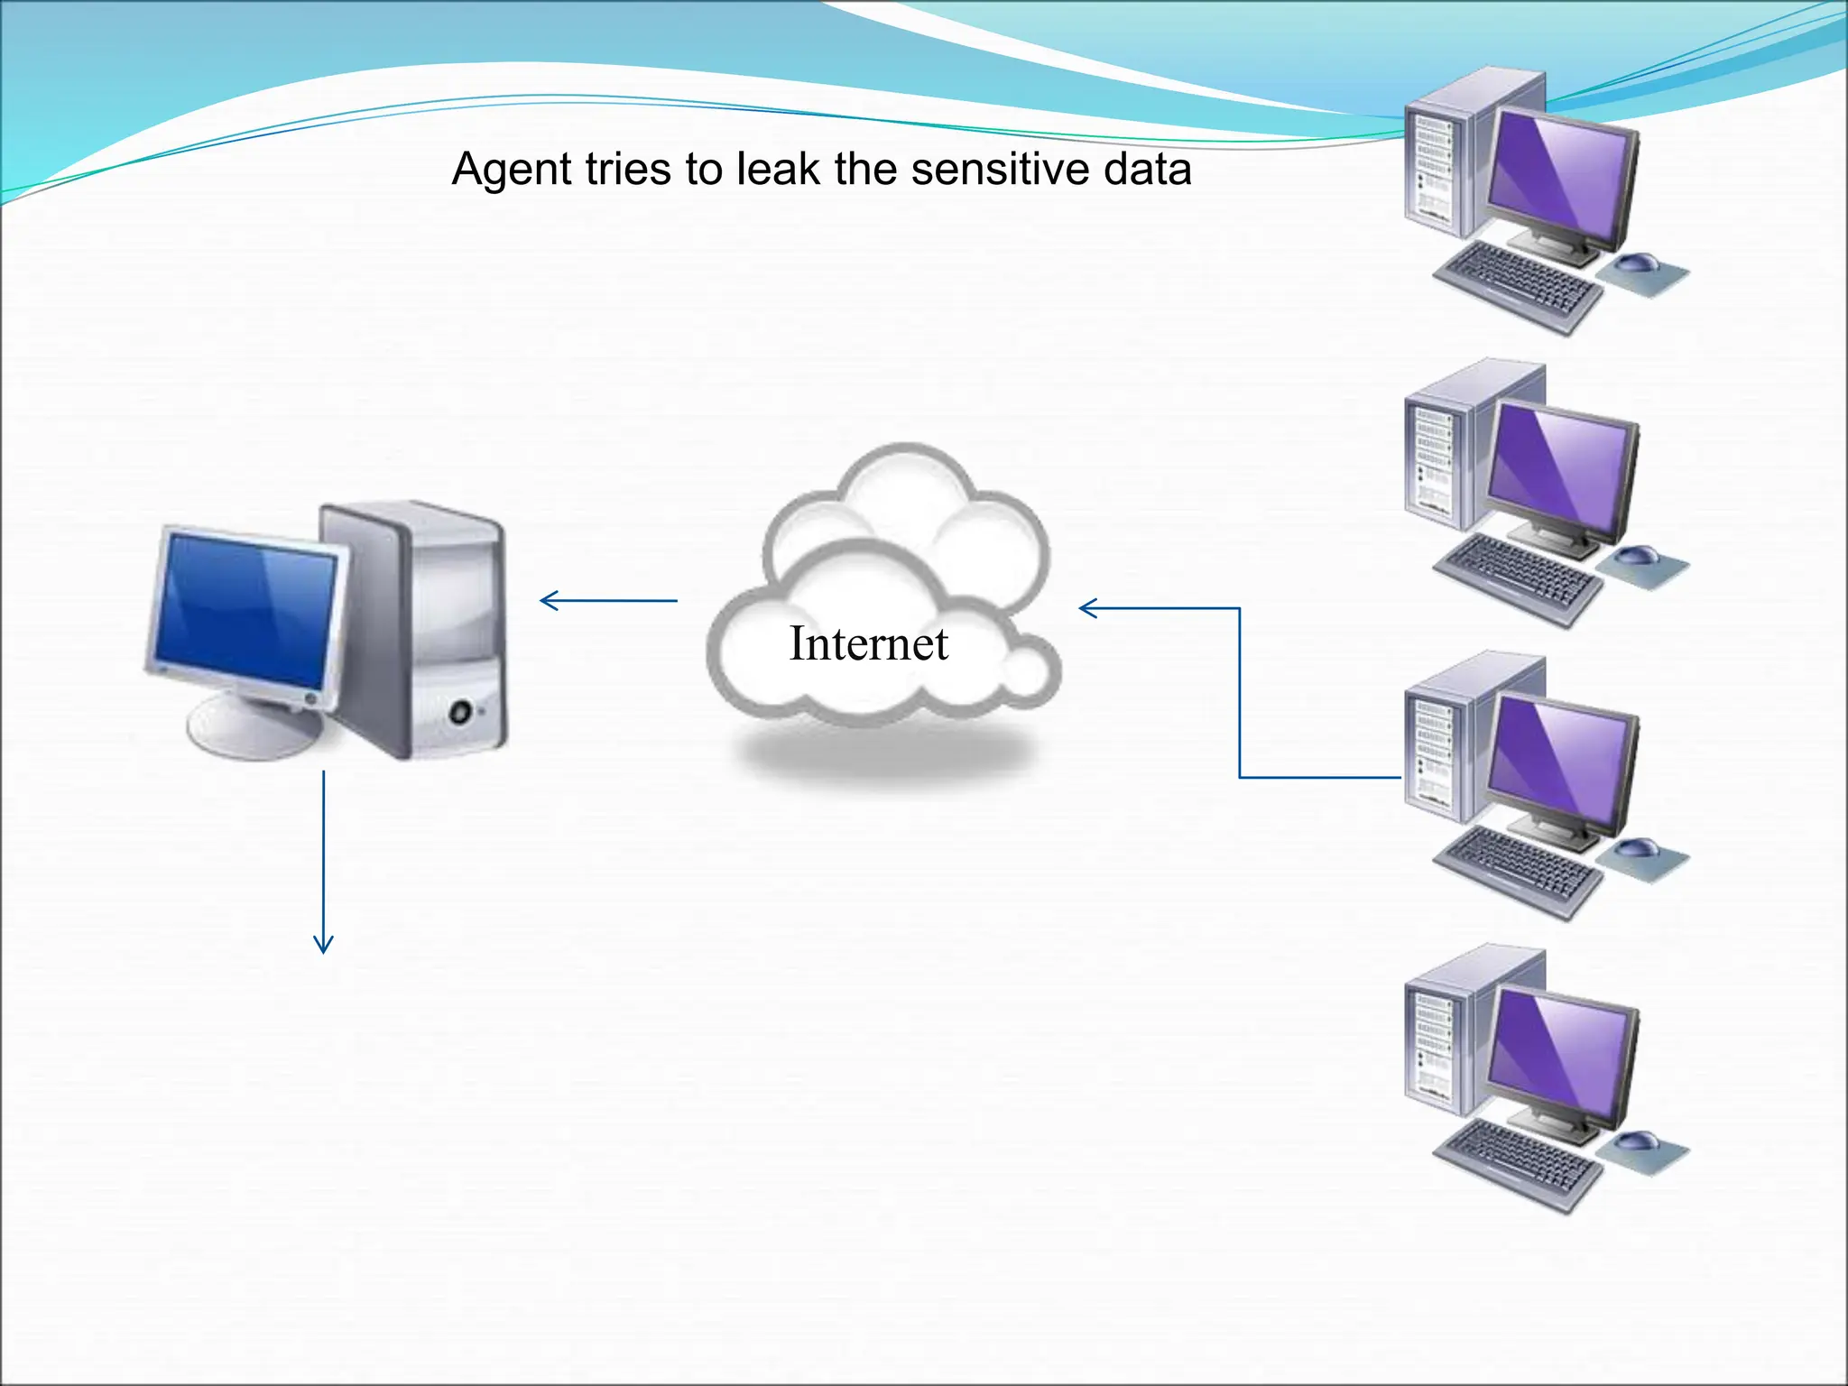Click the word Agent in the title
click(511, 171)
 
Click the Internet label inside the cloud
click(868, 643)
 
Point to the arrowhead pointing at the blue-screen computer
click(545, 600)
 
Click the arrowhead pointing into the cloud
click(1085, 608)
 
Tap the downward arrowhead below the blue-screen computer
click(323, 947)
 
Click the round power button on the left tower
click(461, 712)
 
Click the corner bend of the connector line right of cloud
click(1240, 609)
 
